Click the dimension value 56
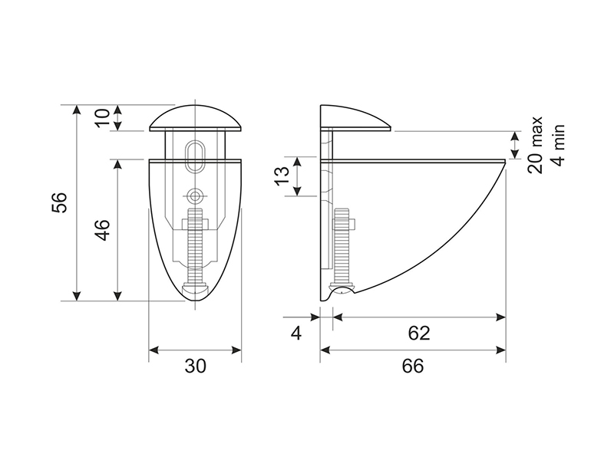60,202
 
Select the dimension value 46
103,230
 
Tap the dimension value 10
103,118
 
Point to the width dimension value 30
195,366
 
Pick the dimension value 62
419,333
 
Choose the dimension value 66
413,366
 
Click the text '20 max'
535,144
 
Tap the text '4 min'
559,146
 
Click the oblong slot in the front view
195,155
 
